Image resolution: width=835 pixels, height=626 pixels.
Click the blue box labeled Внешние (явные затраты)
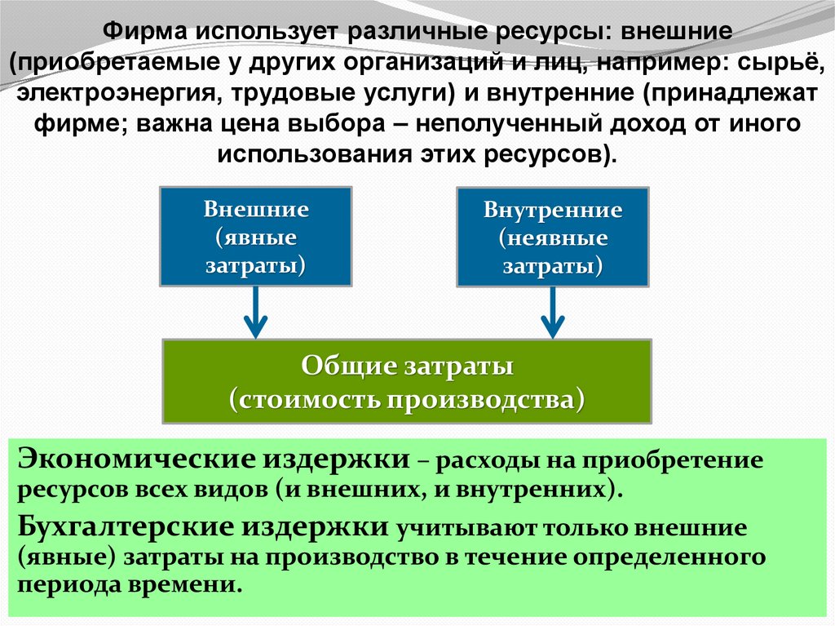[x=255, y=237]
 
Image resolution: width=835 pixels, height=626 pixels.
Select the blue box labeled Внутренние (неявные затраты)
[x=553, y=238]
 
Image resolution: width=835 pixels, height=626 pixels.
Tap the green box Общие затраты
[x=407, y=381]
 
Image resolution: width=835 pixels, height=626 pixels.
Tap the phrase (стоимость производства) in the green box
[x=407, y=400]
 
